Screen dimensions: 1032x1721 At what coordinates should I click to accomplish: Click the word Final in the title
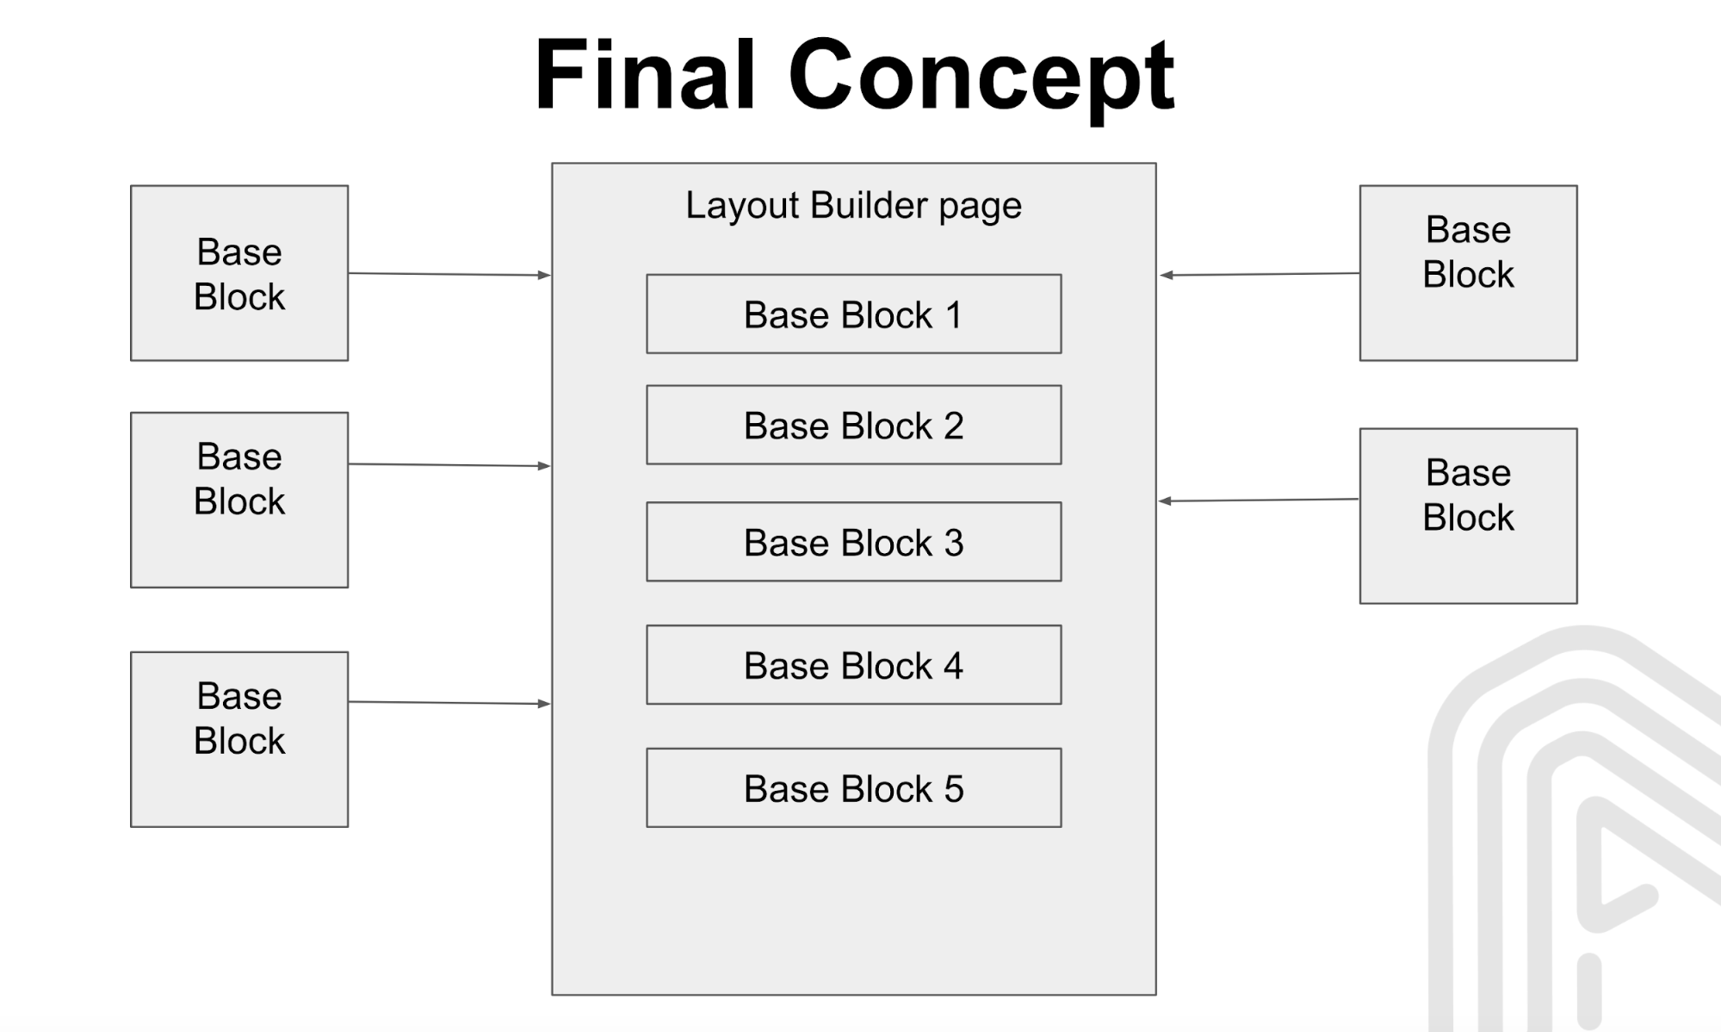click(645, 76)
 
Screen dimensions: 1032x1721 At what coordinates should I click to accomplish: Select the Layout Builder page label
click(853, 206)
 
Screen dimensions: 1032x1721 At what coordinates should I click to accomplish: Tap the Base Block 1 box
click(853, 314)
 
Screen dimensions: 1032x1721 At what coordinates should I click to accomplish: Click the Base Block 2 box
click(853, 426)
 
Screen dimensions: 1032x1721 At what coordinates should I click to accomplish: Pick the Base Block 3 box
click(853, 543)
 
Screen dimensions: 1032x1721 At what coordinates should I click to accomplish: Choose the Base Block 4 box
click(853, 666)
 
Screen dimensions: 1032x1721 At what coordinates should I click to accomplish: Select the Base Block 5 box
click(853, 788)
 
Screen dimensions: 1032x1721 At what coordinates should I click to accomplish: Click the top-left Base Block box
click(239, 273)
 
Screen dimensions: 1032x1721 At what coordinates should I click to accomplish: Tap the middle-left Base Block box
click(239, 500)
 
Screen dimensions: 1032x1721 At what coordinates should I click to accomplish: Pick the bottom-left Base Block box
click(239, 739)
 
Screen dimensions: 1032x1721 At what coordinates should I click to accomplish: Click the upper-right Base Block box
click(1468, 273)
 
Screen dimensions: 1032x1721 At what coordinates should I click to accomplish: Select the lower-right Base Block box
click(1468, 516)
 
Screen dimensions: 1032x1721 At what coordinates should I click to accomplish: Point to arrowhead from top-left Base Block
click(544, 276)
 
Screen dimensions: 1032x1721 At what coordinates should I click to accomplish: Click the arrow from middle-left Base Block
click(448, 465)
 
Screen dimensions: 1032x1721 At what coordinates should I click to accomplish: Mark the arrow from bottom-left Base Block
click(448, 703)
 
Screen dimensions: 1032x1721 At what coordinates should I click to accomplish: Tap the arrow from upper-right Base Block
click(1259, 275)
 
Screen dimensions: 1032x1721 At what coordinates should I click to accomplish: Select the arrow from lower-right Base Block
click(1259, 500)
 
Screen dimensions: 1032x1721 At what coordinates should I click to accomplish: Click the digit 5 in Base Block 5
click(954, 789)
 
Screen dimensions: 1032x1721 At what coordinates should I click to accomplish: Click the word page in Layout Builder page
click(980, 208)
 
